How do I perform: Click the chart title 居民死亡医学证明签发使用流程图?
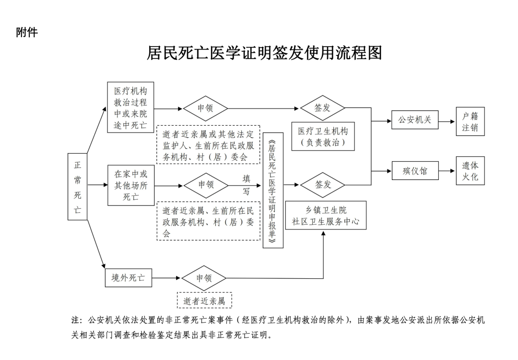pos(264,53)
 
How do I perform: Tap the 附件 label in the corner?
pos(27,32)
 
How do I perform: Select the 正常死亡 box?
pos(78,187)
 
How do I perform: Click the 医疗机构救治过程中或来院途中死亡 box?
pos(130,108)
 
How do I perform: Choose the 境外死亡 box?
pos(129,277)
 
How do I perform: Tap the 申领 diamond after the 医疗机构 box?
pos(205,108)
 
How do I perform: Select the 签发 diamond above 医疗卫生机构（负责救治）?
pos(322,108)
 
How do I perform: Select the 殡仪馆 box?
pos(415,170)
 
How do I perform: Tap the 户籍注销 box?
pos(470,121)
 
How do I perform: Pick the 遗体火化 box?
pos(470,171)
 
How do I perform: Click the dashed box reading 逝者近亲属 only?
pos(204,301)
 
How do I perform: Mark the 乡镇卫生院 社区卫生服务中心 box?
pos(326,216)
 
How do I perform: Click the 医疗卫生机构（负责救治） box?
pos(323,136)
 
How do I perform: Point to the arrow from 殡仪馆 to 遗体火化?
pos(447,170)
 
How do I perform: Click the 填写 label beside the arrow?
pos(246,185)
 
